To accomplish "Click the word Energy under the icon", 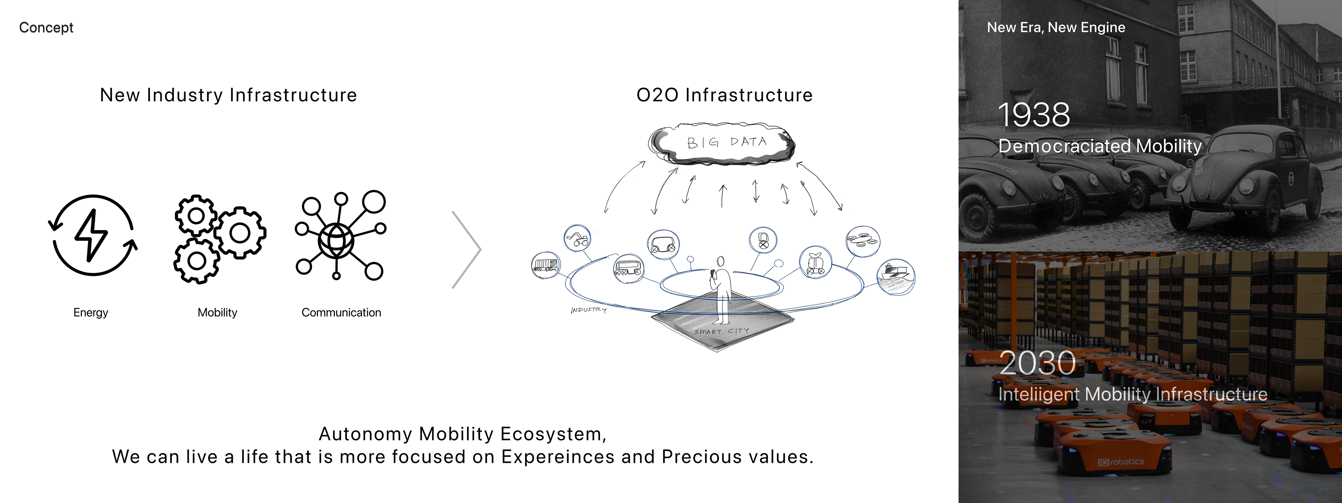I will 91,312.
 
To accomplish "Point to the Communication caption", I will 341,312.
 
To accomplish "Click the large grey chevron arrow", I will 466,249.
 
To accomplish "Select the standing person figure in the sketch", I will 721,289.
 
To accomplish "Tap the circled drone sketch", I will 863,241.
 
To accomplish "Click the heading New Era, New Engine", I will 1056,27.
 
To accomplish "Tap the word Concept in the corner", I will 46,27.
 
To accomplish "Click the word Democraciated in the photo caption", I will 1064,146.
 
